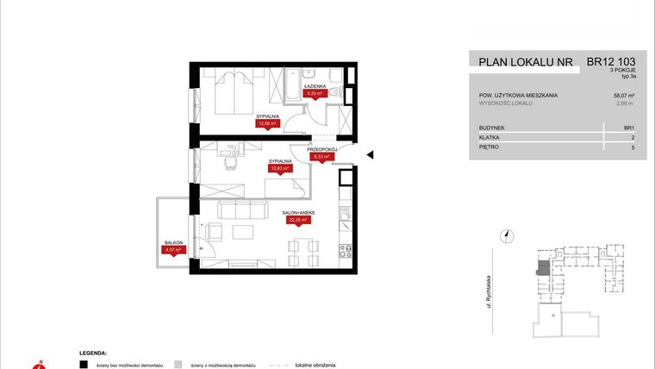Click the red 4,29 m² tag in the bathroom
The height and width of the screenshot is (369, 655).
[316, 93]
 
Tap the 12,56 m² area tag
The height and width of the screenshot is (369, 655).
[269, 123]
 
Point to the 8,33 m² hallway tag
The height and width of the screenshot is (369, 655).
[321, 158]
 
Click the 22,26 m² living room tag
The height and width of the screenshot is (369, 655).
[296, 220]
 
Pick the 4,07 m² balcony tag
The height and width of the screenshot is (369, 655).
[174, 251]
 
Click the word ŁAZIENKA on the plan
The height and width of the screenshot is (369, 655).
[316, 85]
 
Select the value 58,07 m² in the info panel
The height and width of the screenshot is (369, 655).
[623, 94]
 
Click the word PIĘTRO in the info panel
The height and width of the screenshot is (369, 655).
[490, 147]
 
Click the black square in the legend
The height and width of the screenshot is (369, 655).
[83, 364]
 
